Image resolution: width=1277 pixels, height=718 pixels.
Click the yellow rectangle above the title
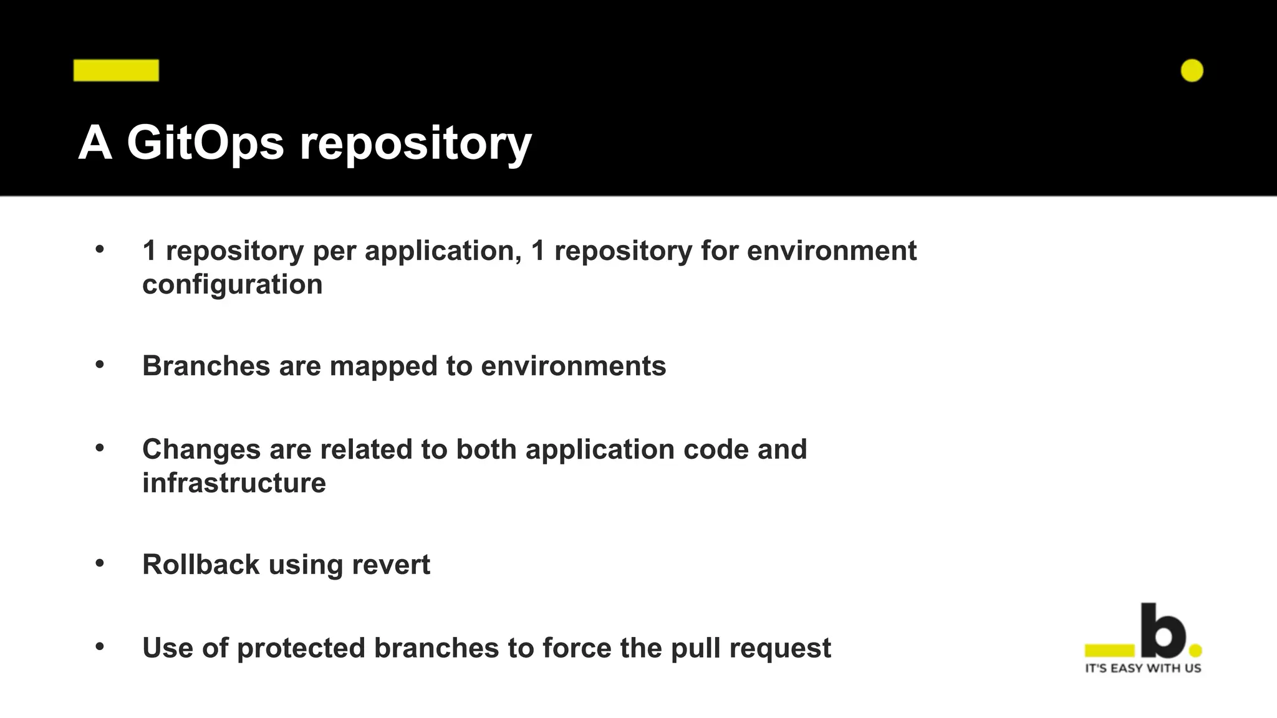(116, 70)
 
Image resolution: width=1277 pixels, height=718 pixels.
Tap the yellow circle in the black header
(1192, 71)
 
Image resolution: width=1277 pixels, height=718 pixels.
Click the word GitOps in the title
(205, 143)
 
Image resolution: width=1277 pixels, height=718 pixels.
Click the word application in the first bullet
(443, 251)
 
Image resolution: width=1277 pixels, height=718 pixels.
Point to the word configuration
(232, 285)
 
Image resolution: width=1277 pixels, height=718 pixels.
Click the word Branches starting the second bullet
(206, 366)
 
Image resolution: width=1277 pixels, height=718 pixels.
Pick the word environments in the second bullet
(573, 366)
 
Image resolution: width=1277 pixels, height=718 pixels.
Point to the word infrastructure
(234, 483)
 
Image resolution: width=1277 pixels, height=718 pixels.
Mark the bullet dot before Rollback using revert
(100, 563)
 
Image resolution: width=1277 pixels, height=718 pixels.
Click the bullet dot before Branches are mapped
(100, 365)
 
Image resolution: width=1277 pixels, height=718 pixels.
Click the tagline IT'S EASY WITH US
(1143, 668)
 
